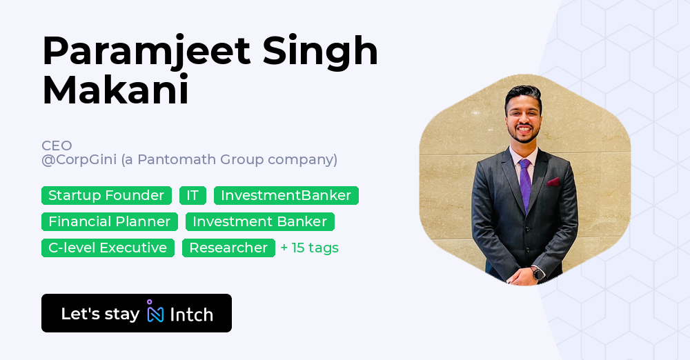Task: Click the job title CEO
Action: tap(57, 146)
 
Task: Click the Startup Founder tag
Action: tap(106, 196)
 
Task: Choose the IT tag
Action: tap(193, 196)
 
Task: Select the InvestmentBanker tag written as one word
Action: tap(286, 196)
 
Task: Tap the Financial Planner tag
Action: tap(109, 222)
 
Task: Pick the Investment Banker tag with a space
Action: tap(259, 222)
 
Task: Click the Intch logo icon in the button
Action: tap(155, 312)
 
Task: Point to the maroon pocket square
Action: tap(553, 182)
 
